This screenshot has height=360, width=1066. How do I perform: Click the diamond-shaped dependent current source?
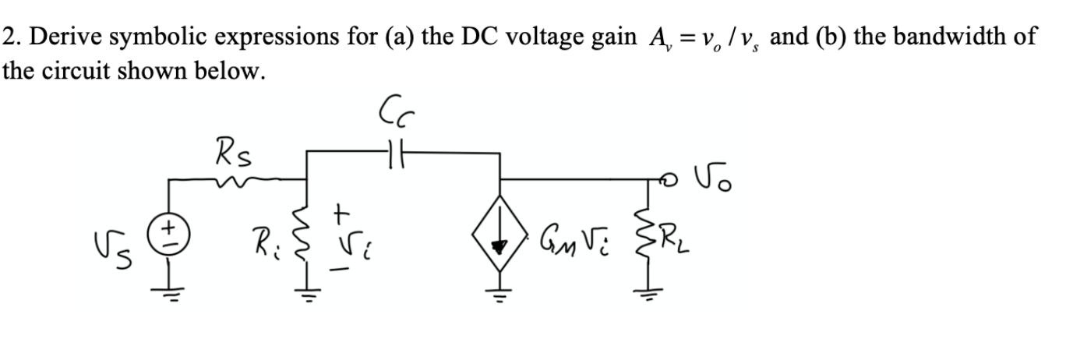[x=499, y=230]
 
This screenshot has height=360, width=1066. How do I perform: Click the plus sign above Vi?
[x=342, y=211]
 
